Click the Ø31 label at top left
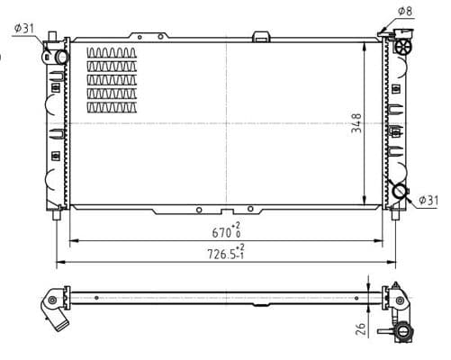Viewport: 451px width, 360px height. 23,28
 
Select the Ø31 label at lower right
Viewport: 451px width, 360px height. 428,199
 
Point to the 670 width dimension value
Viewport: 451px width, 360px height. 221,232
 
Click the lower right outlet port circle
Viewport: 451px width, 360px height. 400,192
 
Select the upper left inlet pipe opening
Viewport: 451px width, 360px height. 60,56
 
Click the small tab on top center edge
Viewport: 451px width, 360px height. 262,36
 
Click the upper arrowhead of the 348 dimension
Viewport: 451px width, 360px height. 364,43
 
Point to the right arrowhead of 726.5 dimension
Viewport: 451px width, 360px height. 392,264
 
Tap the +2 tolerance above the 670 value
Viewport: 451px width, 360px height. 236,225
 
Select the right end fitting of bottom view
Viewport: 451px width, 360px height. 396,299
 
